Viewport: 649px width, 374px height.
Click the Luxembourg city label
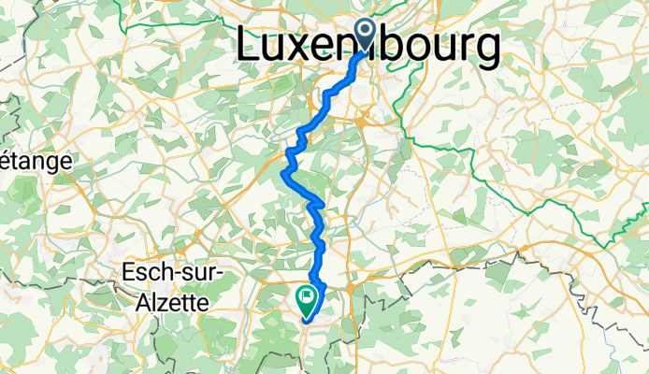pyautogui.click(x=368, y=47)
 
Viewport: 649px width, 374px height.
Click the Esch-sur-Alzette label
pyautogui.click(x=167, y=286)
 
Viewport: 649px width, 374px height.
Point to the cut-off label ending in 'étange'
pyautogui.click(x=36, y=161)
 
